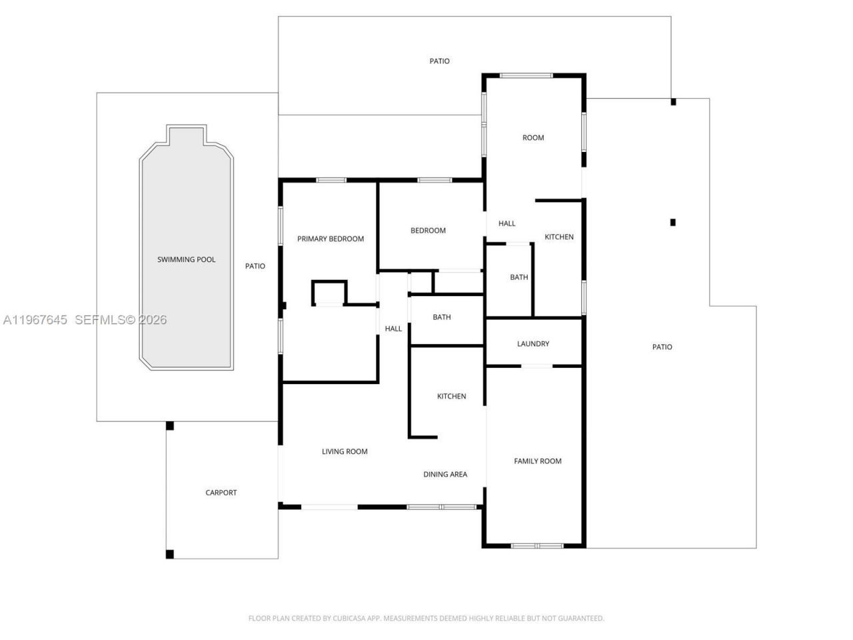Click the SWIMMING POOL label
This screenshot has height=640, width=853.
pyautogui.click(x=186, y=259)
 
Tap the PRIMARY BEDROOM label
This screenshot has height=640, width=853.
pyautogui.click(x=331, y=239)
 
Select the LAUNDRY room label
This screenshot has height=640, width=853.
pyautogui.click(x=533, y=343)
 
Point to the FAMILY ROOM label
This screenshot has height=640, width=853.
pyautogui.click(x=537, y=461)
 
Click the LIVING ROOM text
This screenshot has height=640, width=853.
pyautogui.click(x=345, y=451)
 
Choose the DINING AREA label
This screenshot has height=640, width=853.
pyautogui.click(x=445, y=474)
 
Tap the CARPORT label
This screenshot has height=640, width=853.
pyautogui.click(x=221, y=493)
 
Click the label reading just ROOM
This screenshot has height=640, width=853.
pyautogui.click(x=533, y=137)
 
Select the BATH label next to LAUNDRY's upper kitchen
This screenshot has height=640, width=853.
pyautogui.click(x=519, y=277)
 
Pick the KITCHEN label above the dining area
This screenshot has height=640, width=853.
pyautogui.click(x=451, y=396)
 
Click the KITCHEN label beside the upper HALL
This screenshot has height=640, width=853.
pyautogui.click(x=559, y=237)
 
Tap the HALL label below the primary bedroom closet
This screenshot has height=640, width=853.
pyautogui.click(x=393, y=328)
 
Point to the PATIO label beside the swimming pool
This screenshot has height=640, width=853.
pyautogui.click(x=255, y=266)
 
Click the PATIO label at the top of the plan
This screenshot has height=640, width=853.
pyautogui.click(x=439, y=61)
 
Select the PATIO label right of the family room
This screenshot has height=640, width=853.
pyautogui.click(x=662, y=347)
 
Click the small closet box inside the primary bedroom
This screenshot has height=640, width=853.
pyautogui.click(x=329, y=293)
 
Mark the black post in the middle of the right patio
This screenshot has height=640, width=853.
pyautogui.click(x=673, y=222)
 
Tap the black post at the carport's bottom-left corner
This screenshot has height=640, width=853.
pyautogui.click(x=170, y=553)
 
